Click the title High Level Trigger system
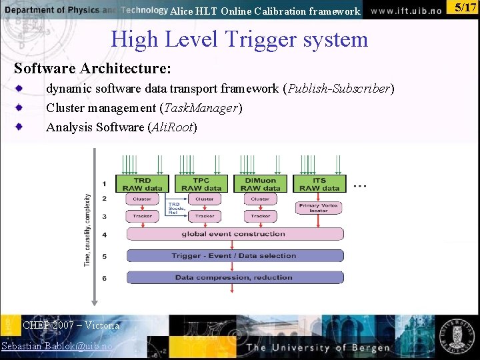239,39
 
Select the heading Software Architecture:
93,69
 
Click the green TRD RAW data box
142,184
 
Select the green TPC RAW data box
201,184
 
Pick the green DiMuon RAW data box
260,184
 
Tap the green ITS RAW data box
319,184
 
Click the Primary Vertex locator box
319,208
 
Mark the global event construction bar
235,234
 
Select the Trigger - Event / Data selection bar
235,255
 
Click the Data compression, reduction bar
235,277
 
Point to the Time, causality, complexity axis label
87,230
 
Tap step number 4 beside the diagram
104,235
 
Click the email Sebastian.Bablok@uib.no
57,346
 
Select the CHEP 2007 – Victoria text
71,325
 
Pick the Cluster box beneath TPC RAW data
204,199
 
